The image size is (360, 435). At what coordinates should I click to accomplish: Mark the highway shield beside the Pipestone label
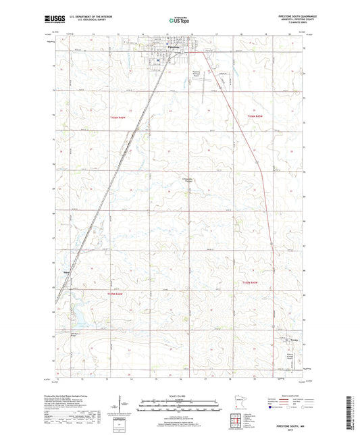click(x=181, y=53)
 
